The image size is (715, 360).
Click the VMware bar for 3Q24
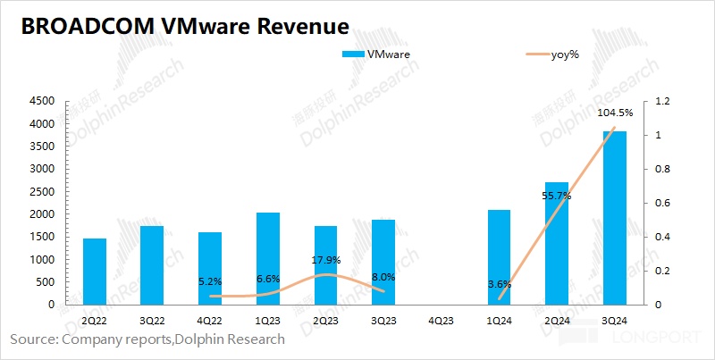tap(615, 218)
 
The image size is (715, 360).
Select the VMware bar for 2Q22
tap(95, 272)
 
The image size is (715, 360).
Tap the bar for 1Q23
tap(268, 258)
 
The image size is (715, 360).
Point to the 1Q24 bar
tap(499, 257)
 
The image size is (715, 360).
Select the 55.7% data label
tap(557, 195)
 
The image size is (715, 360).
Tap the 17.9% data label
tap(325, 261)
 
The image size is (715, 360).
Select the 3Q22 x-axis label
tap(153, 319)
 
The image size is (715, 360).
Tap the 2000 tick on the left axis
tap(40, 214)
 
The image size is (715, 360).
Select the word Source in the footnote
tap(31, 339)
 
